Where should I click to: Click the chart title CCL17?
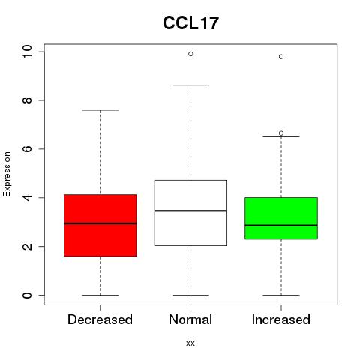(x=190, y=23)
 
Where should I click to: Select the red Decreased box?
(x=100, y=226)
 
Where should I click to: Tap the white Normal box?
(x=190, y=213)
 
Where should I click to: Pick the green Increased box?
(x=281, y=218)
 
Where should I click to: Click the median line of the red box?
(x=100, y=223)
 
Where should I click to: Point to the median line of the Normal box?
(x=190, y=211)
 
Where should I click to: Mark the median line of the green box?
(x=281, y=226)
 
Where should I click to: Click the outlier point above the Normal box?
(x=190, y=54)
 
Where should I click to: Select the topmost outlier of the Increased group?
(x=281, y=57)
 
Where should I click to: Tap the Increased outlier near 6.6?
(x=281, y=133)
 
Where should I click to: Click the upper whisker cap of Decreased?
(x=100, y=110)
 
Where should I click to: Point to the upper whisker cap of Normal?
(x=190, y=85)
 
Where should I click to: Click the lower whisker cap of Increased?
(x=281, y=295)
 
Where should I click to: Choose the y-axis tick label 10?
(x=27, y=52)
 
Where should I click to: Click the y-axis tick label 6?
(x=27, y=149)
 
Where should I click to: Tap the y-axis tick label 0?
(x=27, y=295)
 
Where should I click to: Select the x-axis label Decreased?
(x=100, y=319)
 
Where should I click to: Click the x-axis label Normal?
(x=190, y=319)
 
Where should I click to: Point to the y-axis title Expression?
(x=7, y=175)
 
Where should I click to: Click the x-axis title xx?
(x=190, y=343)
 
